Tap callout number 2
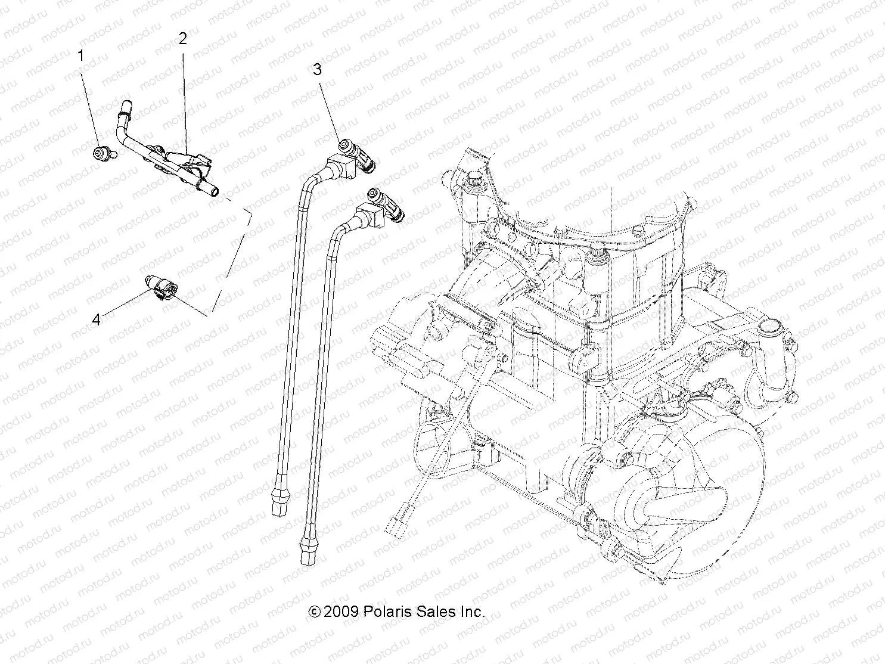coord(182,39)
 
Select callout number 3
coord(317,70)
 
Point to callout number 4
coord(96,319)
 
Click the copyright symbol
coord(315,612)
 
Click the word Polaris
coord(386,612)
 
